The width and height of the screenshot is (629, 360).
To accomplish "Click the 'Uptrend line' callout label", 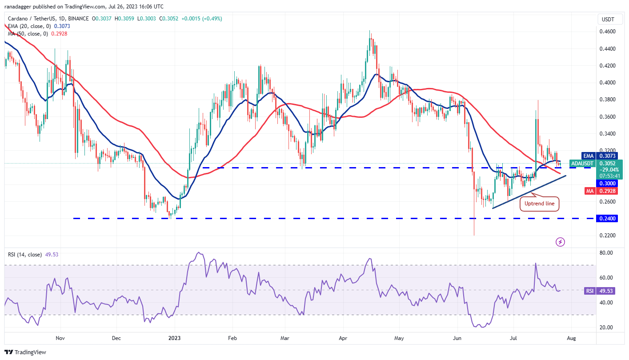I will [539, 204].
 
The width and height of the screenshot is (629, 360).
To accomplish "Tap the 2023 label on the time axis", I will [174, 338].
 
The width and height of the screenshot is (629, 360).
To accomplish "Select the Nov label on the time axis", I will [60, 338].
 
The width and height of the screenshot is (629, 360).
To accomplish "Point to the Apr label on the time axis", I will [343, 338].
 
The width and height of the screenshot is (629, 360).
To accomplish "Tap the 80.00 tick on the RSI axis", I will [607, 253].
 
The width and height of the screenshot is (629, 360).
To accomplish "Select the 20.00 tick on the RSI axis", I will [607, 328].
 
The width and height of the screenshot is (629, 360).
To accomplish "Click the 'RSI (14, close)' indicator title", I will [25, 255].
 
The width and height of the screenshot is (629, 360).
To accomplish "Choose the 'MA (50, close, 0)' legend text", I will [27, 34].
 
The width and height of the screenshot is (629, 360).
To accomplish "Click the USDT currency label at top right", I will [609, 19].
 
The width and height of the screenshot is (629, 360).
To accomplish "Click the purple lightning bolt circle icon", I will [561, 242].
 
